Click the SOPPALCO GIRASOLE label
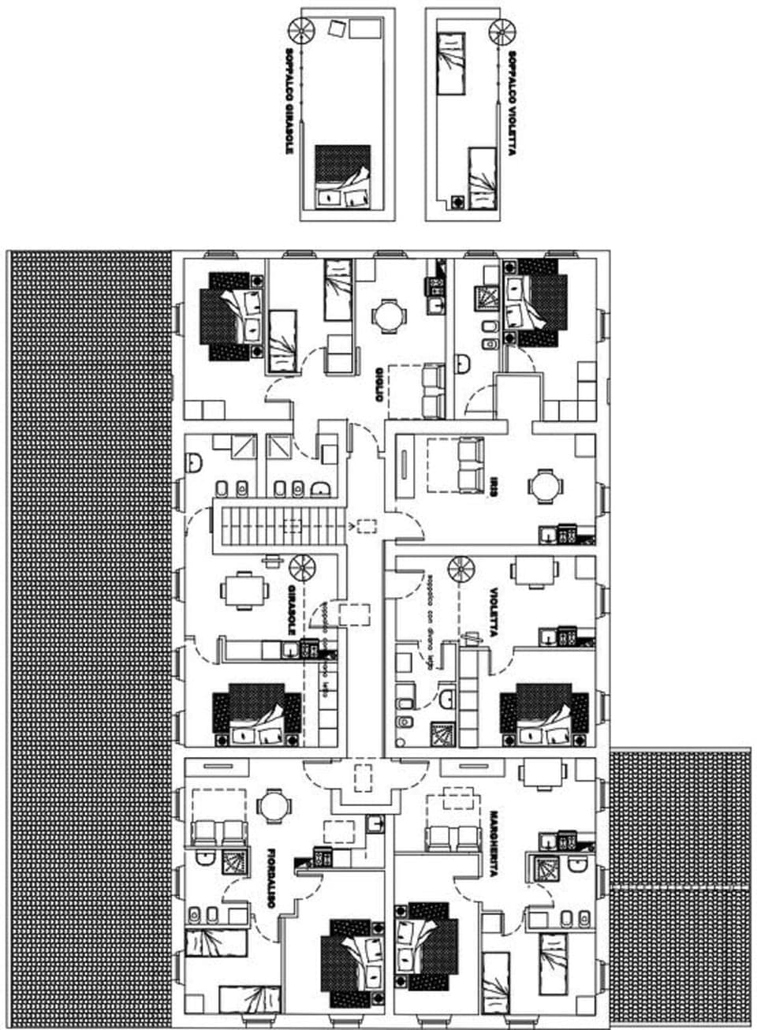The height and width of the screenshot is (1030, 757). click(290, 99)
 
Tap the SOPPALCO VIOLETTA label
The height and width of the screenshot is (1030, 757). click(512, 103)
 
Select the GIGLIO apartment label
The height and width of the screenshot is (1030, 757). click(379, 384)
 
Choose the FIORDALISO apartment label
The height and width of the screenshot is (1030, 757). click(271, 879)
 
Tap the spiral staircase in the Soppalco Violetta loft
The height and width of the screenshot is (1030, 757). click(501, 32)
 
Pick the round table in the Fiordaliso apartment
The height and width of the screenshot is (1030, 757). click(274, 806)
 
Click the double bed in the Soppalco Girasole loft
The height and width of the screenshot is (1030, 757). click(342, 177)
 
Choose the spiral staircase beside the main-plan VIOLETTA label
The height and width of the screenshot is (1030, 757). click(461, 569)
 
